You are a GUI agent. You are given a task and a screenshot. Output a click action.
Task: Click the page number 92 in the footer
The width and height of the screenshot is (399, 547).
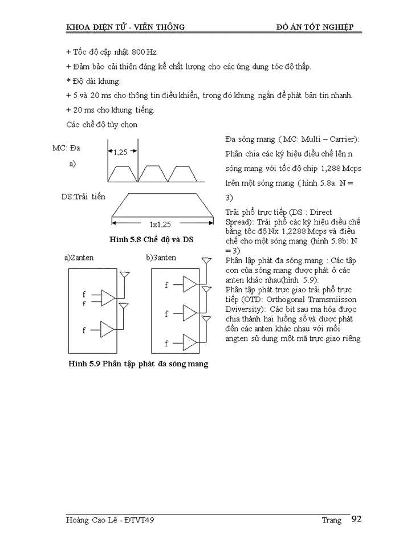(x=356, y=519)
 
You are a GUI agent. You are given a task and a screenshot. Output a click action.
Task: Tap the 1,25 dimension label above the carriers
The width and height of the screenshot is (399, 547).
(x=120, y=152)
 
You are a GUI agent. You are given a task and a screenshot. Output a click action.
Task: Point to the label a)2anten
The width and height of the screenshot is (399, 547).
(x=80, y=258)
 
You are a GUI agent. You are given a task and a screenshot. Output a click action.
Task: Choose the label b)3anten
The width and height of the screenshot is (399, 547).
(x=161, y=258)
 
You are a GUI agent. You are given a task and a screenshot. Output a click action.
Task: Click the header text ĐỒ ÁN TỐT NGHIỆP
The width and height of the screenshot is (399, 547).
(x=315, y=27)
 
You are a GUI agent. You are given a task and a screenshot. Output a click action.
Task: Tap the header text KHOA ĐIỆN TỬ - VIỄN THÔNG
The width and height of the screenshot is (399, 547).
(x=125, y=27)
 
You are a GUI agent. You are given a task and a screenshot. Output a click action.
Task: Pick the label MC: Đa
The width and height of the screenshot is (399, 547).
(x=66, y=148)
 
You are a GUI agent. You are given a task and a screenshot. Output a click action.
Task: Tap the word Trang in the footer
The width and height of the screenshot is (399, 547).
(x=331, y=520)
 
